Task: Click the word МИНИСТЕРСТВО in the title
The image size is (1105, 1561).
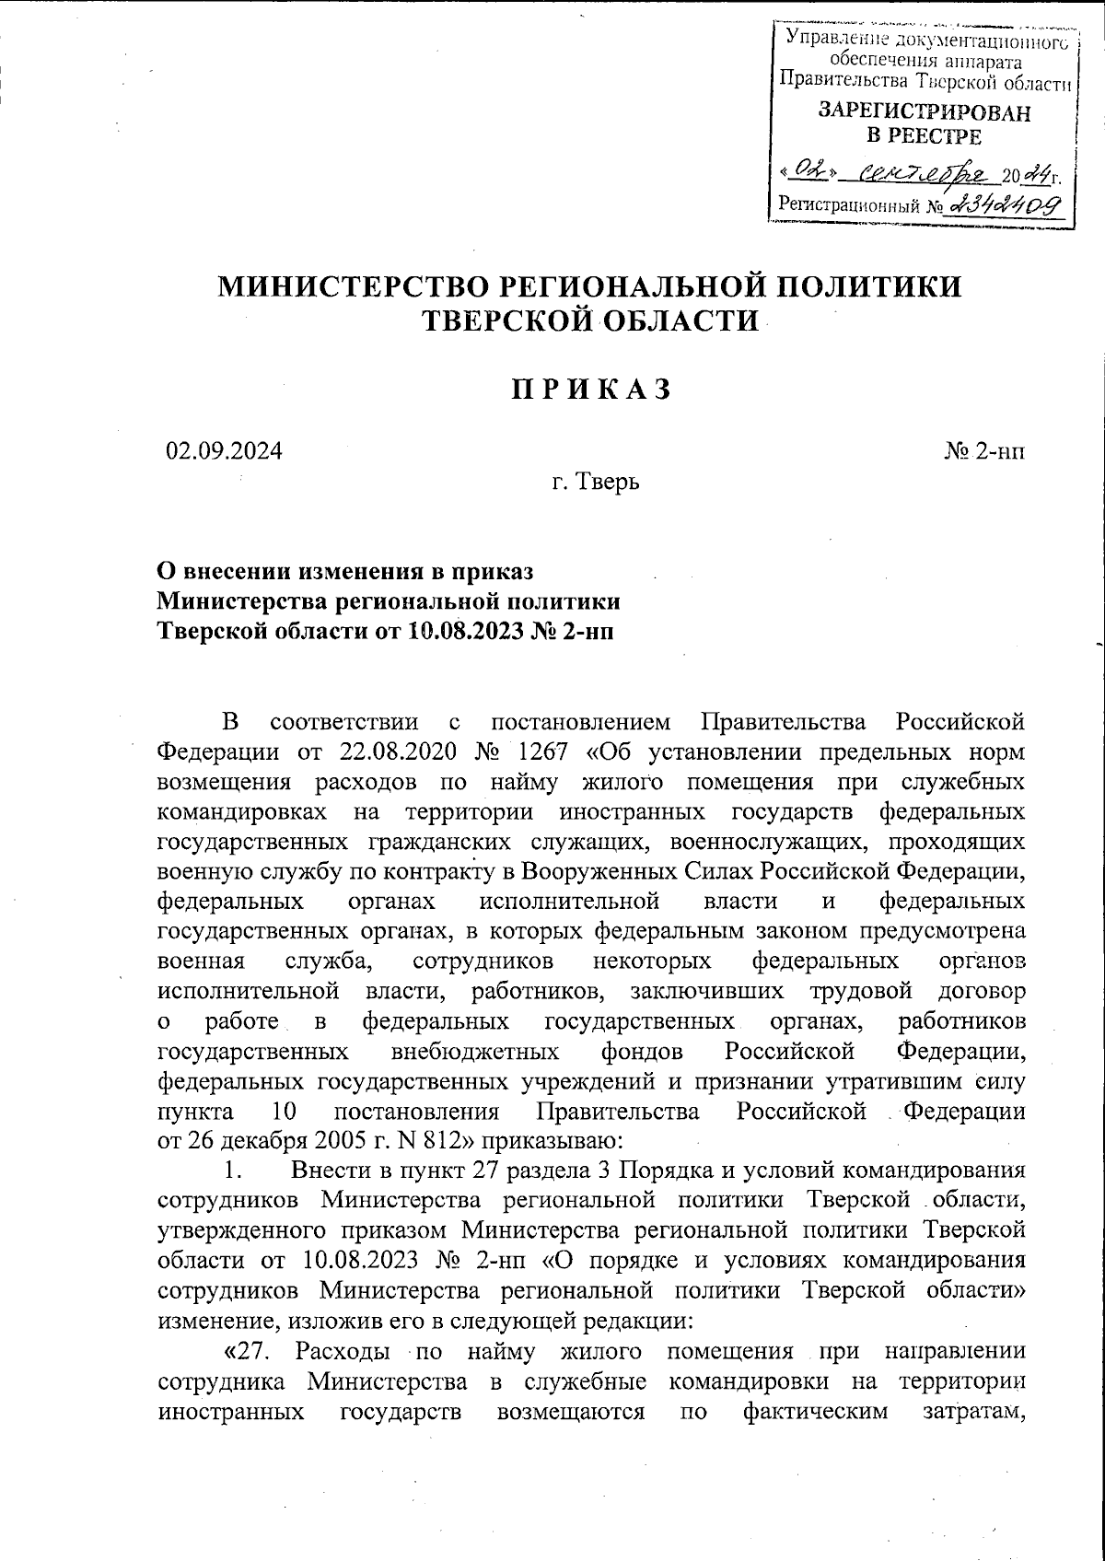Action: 352,286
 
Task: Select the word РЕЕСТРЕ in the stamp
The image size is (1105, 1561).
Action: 925,137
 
